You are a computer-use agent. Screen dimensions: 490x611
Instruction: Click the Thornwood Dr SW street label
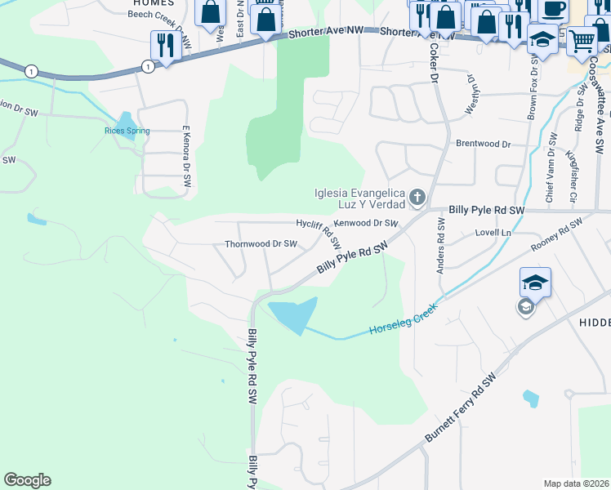tap(261, 243)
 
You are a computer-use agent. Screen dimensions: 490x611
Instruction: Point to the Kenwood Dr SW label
tap(366, 223)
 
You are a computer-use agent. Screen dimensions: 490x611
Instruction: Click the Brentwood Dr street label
tap(483, 144)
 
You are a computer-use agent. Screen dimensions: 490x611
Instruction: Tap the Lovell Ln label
tap(493, 233)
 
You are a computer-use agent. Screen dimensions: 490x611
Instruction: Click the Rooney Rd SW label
tap(555, 236)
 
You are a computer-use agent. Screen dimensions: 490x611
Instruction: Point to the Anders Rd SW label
tap(441, 244)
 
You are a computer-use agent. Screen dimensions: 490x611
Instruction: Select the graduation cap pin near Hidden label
tap(535, 283)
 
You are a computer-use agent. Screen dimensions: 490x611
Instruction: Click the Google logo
tap(27, 480)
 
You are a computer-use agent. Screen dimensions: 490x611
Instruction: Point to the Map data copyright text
tap(577, 483)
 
